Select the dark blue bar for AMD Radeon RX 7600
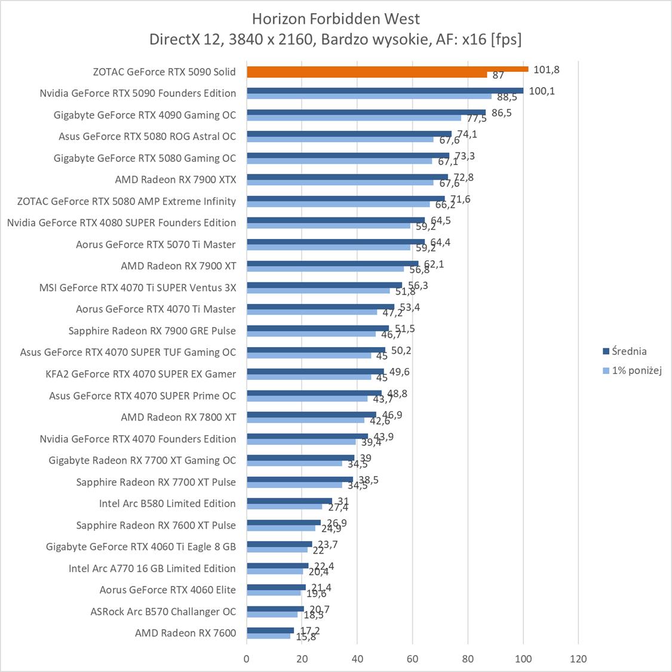click(270, 630)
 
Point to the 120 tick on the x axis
click(578, 659)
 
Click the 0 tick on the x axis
click(247, 659)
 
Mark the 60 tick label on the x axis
click(412, 659)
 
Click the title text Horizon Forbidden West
click(336, 18)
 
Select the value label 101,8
click(546, 69)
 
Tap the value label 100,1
click(541, 91)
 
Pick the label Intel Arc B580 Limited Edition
click(167, 504)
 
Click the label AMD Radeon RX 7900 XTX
click(176, 179)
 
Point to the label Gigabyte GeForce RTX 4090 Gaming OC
click(145, 115)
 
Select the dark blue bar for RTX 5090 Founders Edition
click(385, 91)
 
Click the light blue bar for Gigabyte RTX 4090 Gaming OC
click(354, 118)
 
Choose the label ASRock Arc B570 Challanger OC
click(163, 612)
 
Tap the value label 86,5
click(500, 112)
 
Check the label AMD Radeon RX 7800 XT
click(178, 417)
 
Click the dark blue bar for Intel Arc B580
click(289, 501)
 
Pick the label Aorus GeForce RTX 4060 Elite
click(167, 590)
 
